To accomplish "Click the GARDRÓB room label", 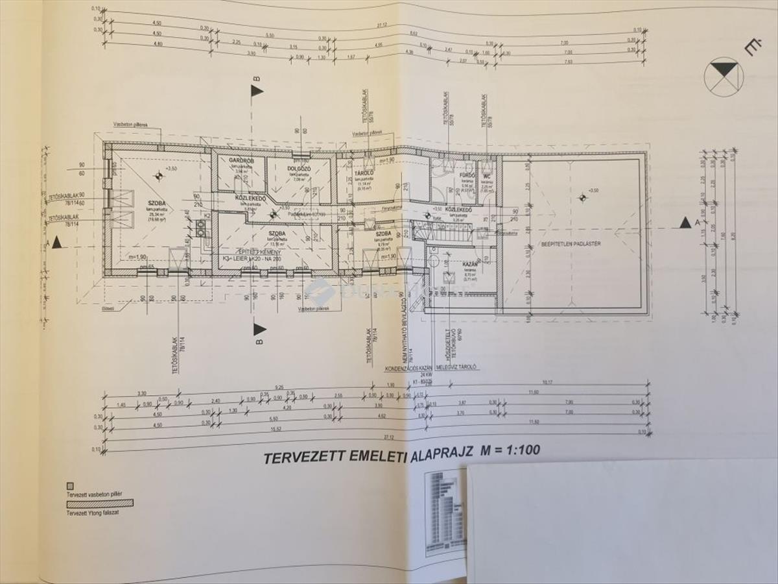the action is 231,160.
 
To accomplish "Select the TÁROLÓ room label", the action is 362,174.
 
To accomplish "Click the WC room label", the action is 485,175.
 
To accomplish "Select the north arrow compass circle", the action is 723,77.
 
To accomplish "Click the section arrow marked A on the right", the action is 685,223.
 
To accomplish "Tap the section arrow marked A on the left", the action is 57,242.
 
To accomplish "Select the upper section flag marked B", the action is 257,90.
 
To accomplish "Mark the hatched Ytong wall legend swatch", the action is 100,502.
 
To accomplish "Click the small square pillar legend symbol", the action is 69,485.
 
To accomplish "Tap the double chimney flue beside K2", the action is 201,227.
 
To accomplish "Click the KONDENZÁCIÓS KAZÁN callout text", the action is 408,367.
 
